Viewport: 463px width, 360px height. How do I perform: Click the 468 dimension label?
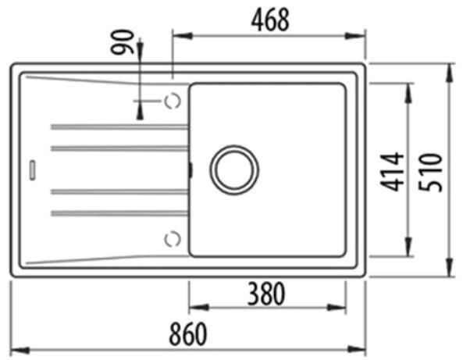point(270,20)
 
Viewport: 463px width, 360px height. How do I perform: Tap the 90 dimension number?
point(122,42)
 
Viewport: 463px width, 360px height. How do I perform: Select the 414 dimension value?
point(392,172)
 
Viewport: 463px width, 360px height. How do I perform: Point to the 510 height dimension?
point(430,173)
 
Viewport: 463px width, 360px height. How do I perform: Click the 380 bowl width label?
point(266,294)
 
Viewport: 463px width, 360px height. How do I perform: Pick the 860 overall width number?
point(188,333)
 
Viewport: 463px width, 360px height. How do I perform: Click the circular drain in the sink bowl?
point(234,169)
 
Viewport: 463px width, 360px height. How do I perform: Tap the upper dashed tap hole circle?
point(173,101)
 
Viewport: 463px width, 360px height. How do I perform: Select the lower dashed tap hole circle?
point(173,239)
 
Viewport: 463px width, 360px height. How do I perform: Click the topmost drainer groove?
point(119,127)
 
